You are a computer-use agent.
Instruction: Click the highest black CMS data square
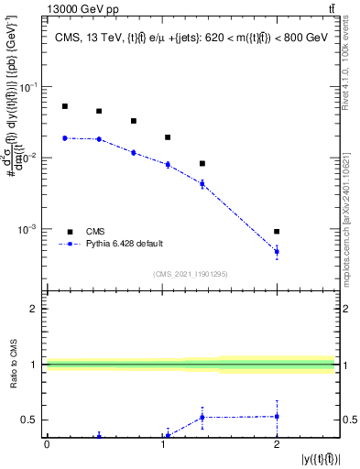coord(65,106)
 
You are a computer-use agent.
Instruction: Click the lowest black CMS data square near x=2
coord(277,232)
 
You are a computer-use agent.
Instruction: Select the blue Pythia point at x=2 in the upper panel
coord(277,251)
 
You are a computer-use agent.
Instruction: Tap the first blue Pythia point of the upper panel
coord(65,138)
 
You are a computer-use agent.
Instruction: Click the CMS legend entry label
coord(96,231)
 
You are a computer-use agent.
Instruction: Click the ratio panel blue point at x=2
coord(277,416)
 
